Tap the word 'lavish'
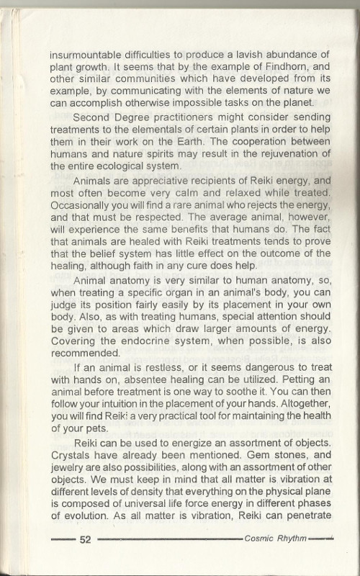(x=260, y=55)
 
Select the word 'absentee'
(x=163, y=383)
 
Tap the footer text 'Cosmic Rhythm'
(x=276, y=538)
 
